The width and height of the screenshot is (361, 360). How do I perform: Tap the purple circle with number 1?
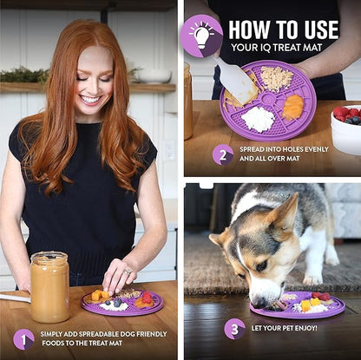[x=23, y=339]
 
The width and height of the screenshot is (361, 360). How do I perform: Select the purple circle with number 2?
[x=223, y=154]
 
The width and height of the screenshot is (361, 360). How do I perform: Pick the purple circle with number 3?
[x=234, y=329]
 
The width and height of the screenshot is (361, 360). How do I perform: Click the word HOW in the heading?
[x=250, y=29]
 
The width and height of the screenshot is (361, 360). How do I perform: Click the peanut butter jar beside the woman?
[x=50, y=287]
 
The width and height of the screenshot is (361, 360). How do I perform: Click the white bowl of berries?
[x=346, y=129]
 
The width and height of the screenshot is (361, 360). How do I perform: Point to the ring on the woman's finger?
[x=128, y=272]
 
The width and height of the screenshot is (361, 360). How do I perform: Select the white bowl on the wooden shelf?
[x=154, y=76]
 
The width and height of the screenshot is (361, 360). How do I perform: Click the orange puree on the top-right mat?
[x=292, y=107]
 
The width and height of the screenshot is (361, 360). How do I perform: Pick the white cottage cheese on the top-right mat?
[x=258, y=119]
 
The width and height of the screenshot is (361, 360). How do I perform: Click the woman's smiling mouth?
[x=91, y=100]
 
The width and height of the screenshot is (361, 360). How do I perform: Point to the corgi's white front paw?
[x=312, y=279]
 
